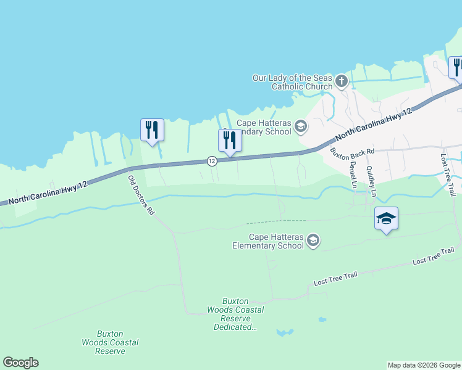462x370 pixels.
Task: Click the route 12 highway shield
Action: click(211, 161)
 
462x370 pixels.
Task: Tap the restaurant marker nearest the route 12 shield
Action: click(230, 140)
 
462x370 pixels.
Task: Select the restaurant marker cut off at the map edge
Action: click(456, 67)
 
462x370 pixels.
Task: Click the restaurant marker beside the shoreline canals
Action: click(152, 129)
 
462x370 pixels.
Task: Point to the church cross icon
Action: click(341, 81)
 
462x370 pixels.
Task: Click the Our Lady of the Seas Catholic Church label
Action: click(293, 82)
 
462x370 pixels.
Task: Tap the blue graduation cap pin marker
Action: click(386, 218)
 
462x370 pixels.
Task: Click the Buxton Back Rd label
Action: click(352, 151)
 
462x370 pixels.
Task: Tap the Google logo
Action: click(20, 363)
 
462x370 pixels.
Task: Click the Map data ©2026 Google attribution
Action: click(424, 365)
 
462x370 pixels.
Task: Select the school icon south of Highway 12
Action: click(313, 240)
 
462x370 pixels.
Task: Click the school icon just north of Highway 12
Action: click(301, 127)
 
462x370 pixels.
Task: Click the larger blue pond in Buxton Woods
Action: click(285, 332)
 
